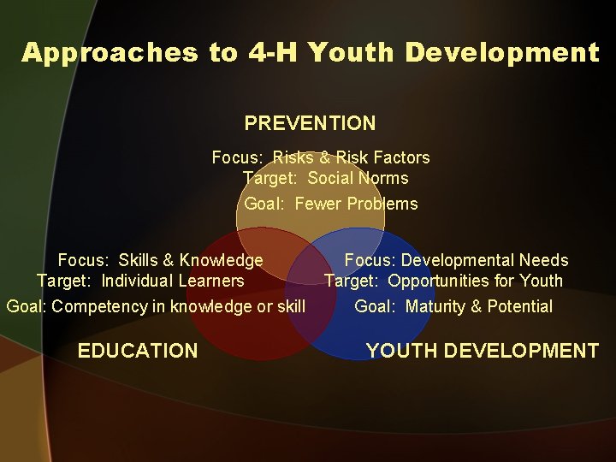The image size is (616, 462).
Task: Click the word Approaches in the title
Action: click(110, 53)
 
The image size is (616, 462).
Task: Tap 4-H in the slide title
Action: click(273, 53)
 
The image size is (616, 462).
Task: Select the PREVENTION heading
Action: click(310, 123)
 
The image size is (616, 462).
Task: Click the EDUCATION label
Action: click(137, 350)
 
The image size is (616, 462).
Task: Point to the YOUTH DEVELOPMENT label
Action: click(482, 350)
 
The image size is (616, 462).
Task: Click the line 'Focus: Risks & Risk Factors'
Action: click(321, 157)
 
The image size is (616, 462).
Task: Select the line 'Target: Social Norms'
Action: click(326, 178)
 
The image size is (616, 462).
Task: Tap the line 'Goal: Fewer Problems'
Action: click(331, 204)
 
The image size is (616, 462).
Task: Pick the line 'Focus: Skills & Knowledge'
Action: click(160, 260)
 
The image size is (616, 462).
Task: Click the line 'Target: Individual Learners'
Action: click(140, 281)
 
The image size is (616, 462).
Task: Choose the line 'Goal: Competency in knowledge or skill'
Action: click(156, 306)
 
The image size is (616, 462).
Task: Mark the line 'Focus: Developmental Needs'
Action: click(456, 260)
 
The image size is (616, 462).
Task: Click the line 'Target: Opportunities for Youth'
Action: click(443, 281)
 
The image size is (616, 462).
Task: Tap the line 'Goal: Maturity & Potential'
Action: click(453, 306)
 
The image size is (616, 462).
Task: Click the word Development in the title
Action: click(502, 53)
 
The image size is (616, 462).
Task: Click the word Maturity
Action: click(435, 306)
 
